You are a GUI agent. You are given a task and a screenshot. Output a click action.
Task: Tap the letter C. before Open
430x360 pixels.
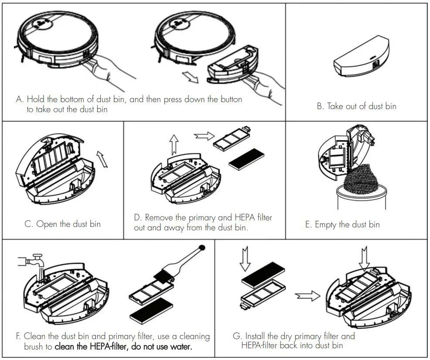coord(28,224)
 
